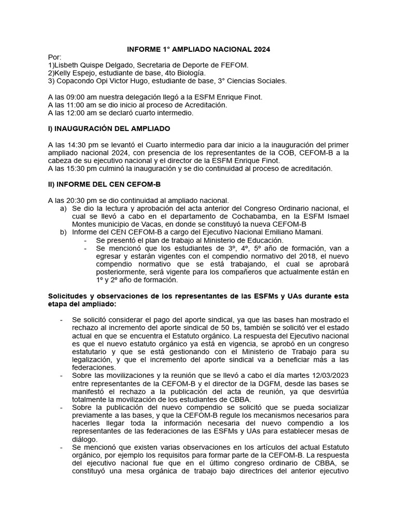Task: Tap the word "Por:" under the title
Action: pos(54,57)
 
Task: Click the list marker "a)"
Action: pos(64,208)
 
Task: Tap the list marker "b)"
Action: pos(64,232)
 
